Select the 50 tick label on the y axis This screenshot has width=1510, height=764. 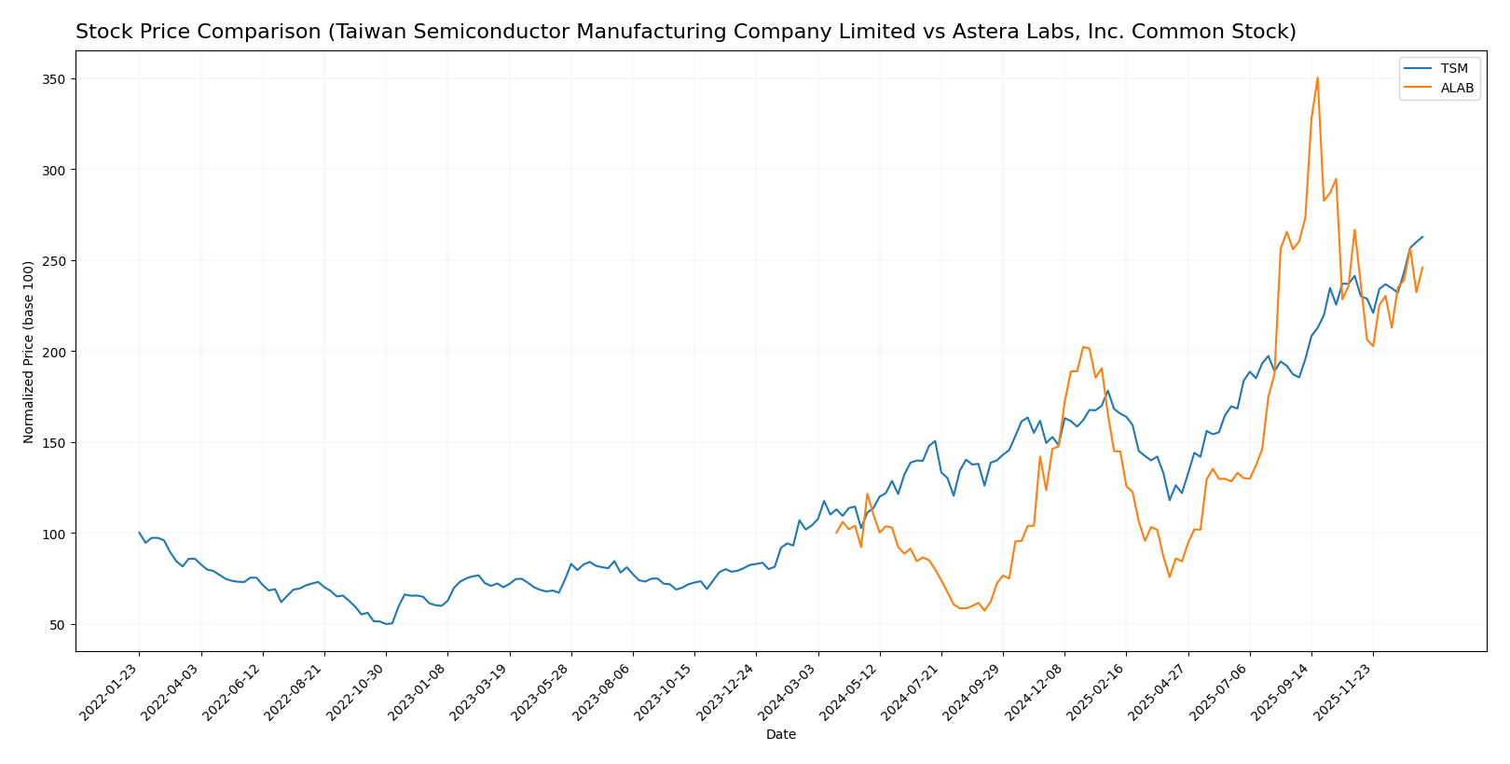coord(56,625)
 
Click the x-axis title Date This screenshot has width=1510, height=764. coord(780,735)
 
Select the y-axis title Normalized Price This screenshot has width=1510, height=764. coord(29,352)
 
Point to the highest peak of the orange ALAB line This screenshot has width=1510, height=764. coord(1317,77)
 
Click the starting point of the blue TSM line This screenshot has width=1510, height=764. coord(139,533)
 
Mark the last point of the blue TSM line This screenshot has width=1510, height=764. coord(1422,237)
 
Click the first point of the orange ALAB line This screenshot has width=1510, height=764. coord(836,533)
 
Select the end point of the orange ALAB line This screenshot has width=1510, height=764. coord(1422,268)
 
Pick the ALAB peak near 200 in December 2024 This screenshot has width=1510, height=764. coord(1083,347)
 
